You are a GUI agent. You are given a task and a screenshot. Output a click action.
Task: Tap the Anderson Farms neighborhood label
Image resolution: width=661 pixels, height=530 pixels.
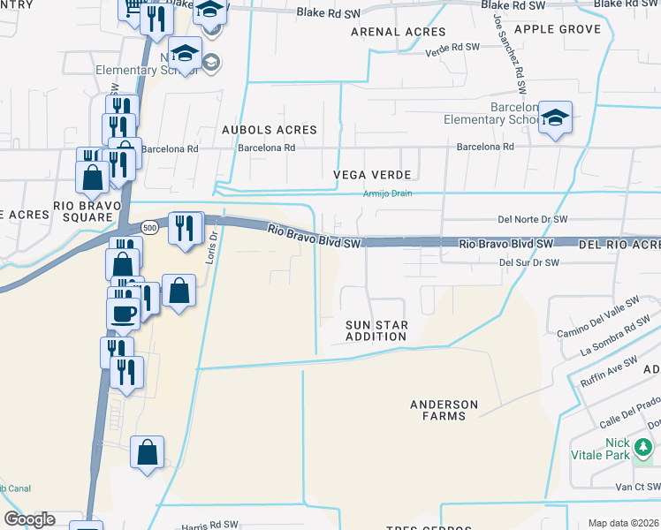click(444, 410)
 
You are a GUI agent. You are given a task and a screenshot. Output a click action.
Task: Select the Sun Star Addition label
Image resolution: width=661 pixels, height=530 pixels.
click(376, 330)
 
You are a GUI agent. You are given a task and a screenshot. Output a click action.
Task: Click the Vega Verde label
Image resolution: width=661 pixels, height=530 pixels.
click(362, 175)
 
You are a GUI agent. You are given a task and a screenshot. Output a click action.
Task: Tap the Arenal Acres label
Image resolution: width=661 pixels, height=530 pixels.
click(386, 31)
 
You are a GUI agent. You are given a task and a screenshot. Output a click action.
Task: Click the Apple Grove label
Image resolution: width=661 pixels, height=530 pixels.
click(557, 29)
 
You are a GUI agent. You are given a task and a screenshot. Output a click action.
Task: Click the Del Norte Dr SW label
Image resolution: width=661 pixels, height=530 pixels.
click(532, 219)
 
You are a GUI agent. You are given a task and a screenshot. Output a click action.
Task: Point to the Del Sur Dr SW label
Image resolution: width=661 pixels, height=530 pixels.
click(528, 262)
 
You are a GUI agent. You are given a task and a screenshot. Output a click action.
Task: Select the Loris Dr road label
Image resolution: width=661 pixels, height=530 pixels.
click(214, 245)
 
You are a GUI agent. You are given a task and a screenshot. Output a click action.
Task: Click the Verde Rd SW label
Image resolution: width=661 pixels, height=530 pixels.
click(452, 47)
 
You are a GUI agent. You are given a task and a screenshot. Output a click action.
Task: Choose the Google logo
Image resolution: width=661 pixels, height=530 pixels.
click(28, 519)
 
